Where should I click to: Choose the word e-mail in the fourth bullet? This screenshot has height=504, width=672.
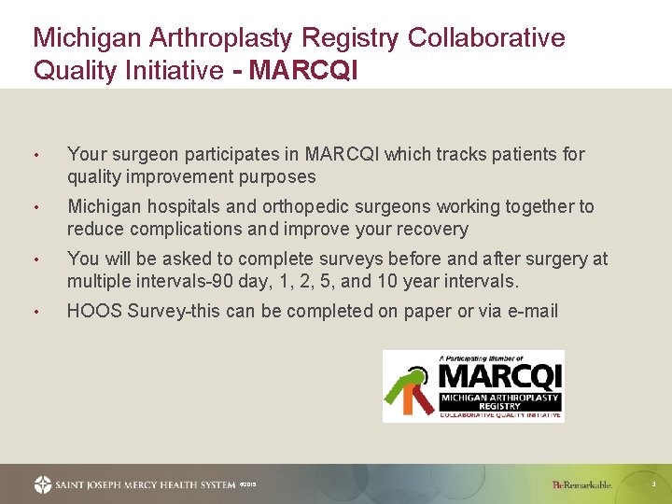click(529, 311)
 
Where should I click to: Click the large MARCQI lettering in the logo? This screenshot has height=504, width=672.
click(499, 376)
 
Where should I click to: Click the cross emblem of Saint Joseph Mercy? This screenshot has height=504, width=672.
click(43, 484)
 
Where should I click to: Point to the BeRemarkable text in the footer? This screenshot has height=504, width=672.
click(581, 484)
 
